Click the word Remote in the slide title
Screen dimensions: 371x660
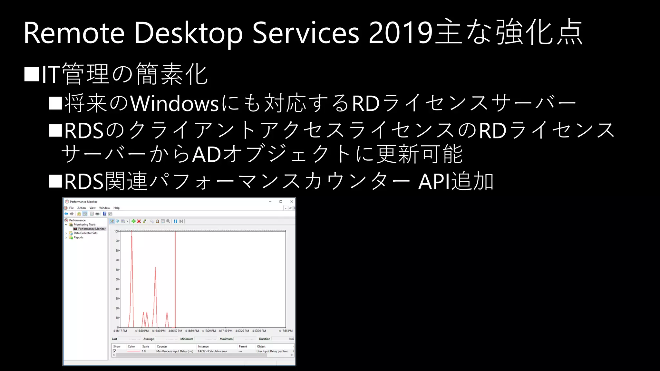click(x=74, y=33)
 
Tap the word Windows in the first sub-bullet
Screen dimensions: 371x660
click(x=174, y=104)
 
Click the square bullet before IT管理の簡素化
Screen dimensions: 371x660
click(x=32, y=74)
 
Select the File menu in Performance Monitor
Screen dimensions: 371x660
click(x=72, y=208)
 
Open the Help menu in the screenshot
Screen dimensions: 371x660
click(x=116, y=208)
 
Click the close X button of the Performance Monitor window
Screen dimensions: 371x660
click(x=292, y=202)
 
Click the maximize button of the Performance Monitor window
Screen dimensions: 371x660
click(x=281, y=202)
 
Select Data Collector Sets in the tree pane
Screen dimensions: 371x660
click(x=85, y=233)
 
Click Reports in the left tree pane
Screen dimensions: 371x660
click(x=78, y=238)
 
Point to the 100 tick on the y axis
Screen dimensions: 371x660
click(x=116, y=231)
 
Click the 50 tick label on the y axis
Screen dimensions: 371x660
click(x=117, y=279)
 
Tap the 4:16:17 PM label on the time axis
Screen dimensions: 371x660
click(x=120, y=331)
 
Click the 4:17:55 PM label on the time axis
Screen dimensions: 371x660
click(x=286, y=331)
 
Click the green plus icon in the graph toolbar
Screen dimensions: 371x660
click(x=133, y=221)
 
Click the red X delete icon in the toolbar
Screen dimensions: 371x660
click(x=139, y=221)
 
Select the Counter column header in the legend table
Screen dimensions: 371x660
click(x=162, y=347)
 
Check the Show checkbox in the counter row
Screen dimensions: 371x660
click(x=114, y=351)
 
